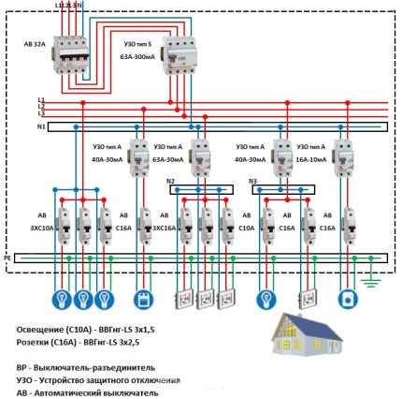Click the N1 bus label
tap(40, 126)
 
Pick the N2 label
tap(170, 180)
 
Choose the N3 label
tap(251, 180)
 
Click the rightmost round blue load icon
tap(349, 300)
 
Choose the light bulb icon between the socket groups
tap(266, 300)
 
